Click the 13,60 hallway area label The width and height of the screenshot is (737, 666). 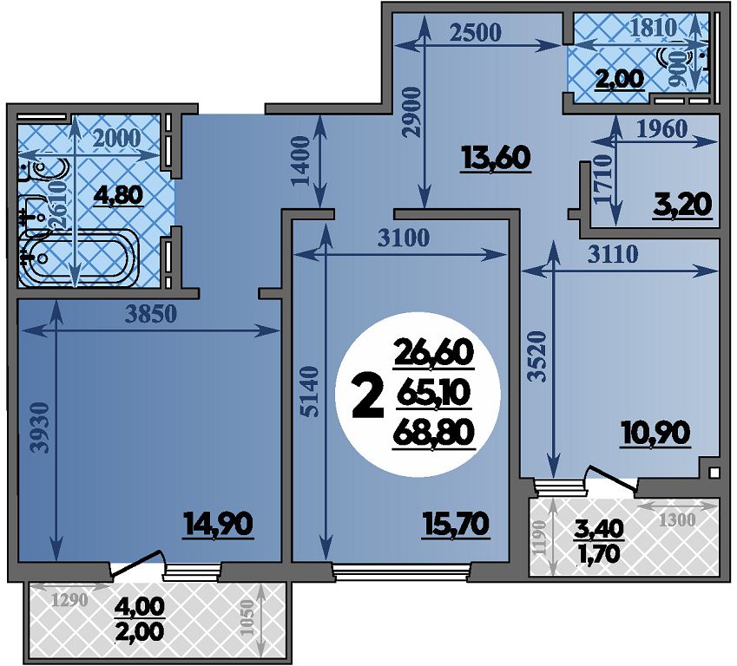[x=496, y=158]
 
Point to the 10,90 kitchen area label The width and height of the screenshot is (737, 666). [x=655, y=433]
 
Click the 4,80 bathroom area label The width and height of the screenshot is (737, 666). [x=118, y=194]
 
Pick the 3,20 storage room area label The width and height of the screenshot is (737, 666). [x=682, y=205]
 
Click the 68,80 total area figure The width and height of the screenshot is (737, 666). [x=433, y=433]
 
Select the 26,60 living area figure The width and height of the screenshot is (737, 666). [x=433, y=352]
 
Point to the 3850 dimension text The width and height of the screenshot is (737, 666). [x=151, y=314]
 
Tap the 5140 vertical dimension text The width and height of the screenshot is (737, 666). [x=311, y=392]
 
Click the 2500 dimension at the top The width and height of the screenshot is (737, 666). [x=475, y=32]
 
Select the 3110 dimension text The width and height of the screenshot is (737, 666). [x=613, y=255]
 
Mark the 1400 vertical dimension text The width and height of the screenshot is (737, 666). [x=301, y=161]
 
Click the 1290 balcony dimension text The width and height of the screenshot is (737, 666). [x=69, y=600]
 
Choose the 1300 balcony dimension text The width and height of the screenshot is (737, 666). [x=677, y=520]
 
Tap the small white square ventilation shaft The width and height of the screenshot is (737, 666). [x=714, y=472]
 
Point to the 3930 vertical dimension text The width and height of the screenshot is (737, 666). [x=42, y=427]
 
